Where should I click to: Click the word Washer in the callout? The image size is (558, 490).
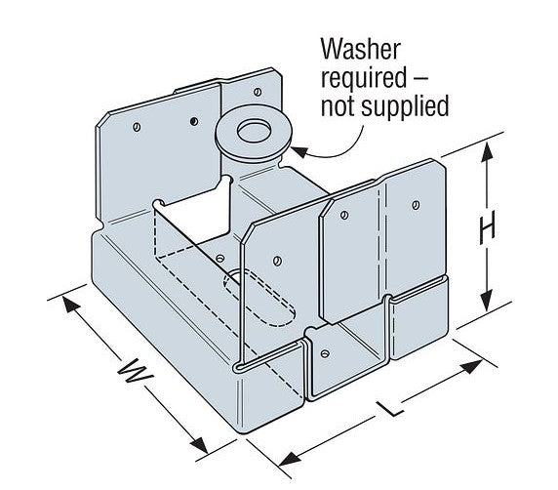pos(361,50)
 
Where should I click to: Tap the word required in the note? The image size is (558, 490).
pos(363,78)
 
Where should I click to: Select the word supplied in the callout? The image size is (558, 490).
pos(405,106)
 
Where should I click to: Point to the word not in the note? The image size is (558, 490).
pos(339,106)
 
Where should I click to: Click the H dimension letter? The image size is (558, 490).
pos(487,227)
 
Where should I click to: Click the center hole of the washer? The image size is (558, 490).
pos(254,131)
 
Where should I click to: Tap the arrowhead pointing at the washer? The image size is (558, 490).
pos(299,151)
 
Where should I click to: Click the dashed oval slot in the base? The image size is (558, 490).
pos(259,299)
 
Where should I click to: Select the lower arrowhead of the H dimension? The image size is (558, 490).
pos(486,301)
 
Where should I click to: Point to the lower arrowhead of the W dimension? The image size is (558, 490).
pos(199,443)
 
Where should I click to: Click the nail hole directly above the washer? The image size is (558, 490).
pos(258,92)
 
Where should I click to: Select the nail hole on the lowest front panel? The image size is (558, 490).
pos(325,353)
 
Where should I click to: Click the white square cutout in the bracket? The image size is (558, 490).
pos(194,219)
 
